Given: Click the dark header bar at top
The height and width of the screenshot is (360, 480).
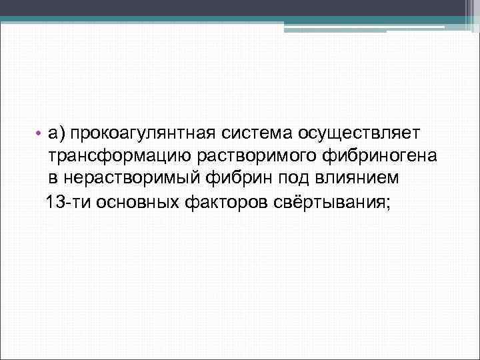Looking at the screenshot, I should coord(227,8).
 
